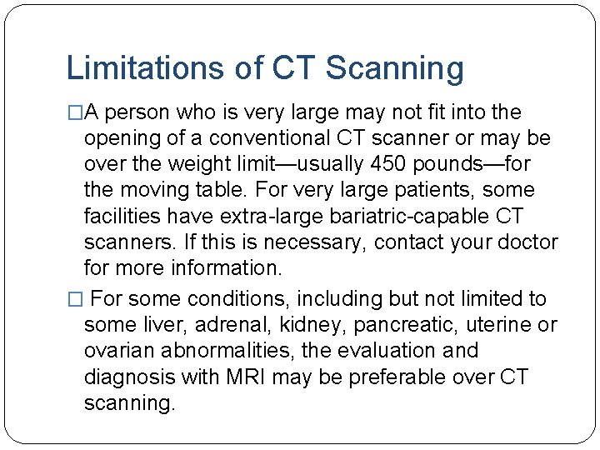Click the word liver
[157, 325]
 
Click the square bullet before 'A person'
[73, 112]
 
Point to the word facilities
[122, 216]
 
